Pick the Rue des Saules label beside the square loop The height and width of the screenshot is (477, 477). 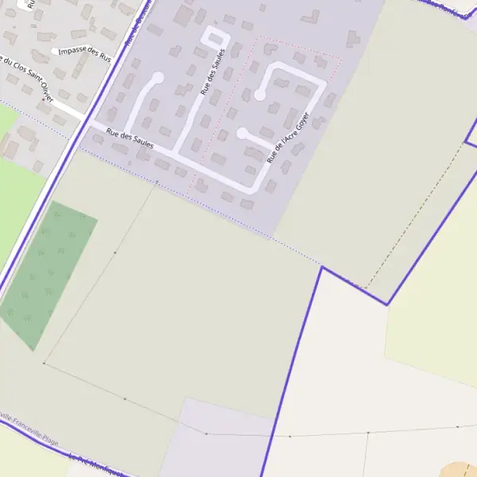coord(213,72)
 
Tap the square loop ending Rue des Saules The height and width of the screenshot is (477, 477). coord(215,39)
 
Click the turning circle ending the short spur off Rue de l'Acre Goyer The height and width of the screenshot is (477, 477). coord(242,134)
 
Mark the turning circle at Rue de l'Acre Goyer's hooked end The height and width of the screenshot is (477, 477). coord(259,95)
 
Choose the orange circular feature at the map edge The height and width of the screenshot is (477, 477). coord(460,470)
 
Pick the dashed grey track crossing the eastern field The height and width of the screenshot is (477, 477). coord(413,215)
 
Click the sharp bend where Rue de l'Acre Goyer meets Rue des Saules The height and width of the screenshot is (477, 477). coord(254,189)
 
